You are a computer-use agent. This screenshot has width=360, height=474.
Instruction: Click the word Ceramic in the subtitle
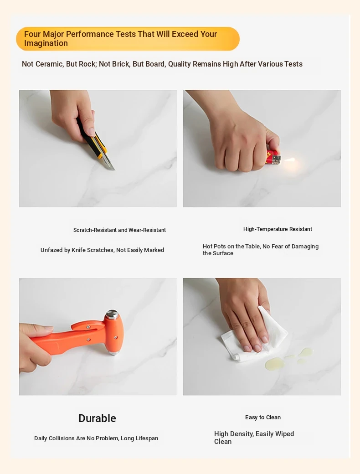pyautogui.click(x=49, y=64)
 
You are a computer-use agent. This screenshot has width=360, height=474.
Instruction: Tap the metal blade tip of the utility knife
pyautogui.click(x=114, y=169)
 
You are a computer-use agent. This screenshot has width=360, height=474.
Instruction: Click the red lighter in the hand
pyautogui.click(x=273, y=158)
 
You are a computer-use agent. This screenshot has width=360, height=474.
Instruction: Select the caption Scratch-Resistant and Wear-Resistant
pyautogui.click(x=119, y=230)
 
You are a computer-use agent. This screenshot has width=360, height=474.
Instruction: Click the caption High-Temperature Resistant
pyautogui.click(x=278, y=229)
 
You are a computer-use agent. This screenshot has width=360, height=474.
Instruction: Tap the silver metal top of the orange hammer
pyautogui.click(x=113, y=314)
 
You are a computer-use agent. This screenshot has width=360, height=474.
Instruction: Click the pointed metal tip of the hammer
pyautogui.click(x=113, y=353)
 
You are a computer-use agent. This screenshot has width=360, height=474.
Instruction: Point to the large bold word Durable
pyautogui.click(x=97, y=418)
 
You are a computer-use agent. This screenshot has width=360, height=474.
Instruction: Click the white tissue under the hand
pyautogui.click(x=254, y=338)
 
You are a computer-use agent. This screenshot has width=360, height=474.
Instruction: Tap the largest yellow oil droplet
pyautogui.click(x=274, y=363)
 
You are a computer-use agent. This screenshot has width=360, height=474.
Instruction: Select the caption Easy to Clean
pyautogui.click(x=262, y=417)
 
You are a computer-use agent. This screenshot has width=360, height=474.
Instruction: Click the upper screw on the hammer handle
pyautogui.click(x=88, y=327)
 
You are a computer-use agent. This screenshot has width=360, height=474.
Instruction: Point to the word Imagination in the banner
pyautogui.click(x=46, y=44)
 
